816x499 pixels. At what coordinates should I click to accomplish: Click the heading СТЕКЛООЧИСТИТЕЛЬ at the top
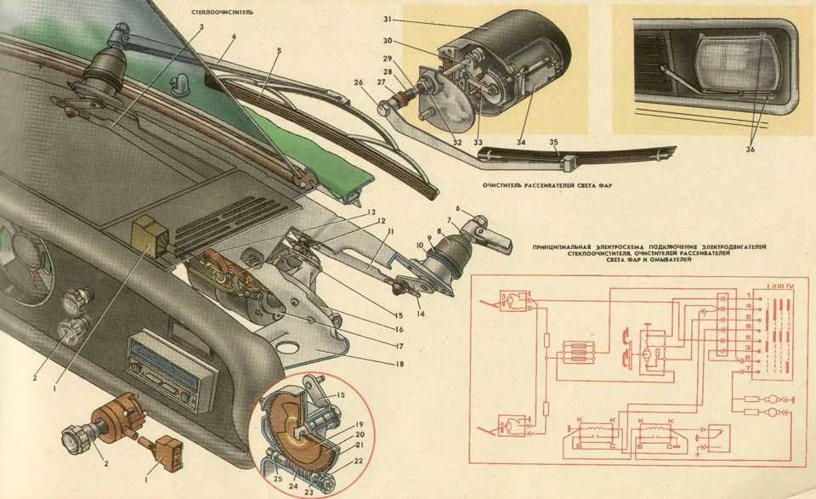223,14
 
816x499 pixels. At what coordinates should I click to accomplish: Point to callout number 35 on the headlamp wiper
552,142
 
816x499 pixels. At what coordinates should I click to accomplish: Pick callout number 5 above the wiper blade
278,51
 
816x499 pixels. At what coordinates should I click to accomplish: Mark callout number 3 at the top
201,26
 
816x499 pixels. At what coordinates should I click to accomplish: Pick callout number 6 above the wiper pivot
456,208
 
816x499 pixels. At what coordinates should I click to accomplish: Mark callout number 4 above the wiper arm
233,37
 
